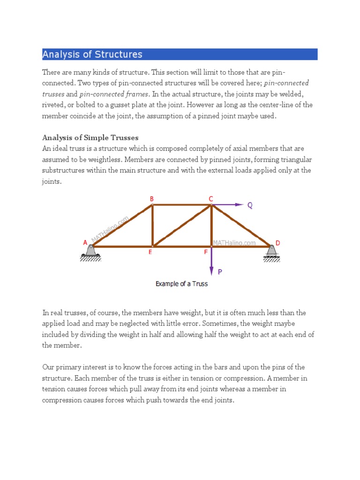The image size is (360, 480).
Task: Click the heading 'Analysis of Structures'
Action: coord(92,54)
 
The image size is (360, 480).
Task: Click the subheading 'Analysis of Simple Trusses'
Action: coord(90,137)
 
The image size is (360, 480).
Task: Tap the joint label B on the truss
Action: coord(151,199)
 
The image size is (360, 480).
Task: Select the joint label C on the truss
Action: coord(211,199)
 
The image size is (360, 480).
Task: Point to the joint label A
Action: coord(85,242)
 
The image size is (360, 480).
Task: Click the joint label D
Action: coord(277,243)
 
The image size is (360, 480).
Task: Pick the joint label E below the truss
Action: coord(150,252)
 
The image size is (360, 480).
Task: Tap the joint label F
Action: coord(206,252)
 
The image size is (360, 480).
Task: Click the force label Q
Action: coord(250,205)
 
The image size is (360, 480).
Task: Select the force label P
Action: coord(219,271)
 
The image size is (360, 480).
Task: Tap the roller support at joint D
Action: coord(271,252)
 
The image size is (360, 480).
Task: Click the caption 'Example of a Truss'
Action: coord(181,284)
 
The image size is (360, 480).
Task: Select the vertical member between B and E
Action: coord(152,225)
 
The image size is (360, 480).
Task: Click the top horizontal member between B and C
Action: coord(182,205)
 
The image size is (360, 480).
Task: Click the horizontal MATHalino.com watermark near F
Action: coord(234,243)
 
